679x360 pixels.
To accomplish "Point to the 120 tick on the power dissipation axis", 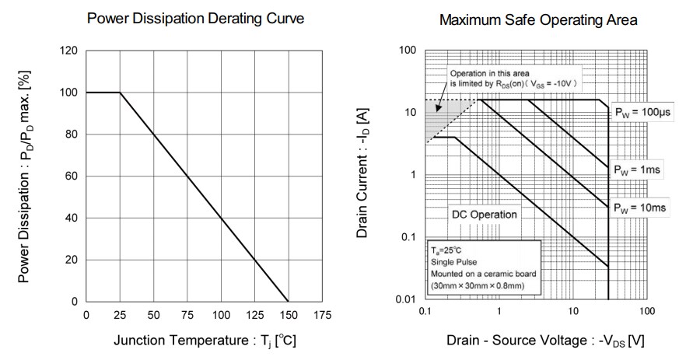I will click(x=68, y=51).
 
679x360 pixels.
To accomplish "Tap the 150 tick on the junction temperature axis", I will click(x=289, y=315).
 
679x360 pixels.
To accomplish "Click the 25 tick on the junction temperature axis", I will click(x=120, y=315).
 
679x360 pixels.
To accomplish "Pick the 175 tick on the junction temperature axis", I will click(x=322, y=315).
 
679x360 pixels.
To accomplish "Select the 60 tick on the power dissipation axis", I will click(x=72, y=177).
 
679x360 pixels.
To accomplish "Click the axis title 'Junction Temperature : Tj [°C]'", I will click(x=205, y=341).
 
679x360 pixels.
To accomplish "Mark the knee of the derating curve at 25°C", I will click(x=120, y=93).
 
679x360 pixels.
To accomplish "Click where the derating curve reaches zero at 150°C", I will click(x=289, y=301).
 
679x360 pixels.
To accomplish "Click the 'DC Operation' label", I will click(x=484, y=213).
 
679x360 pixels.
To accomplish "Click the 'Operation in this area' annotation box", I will click(x=515, y=78).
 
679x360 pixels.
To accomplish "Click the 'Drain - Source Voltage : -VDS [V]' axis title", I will click(x=545, y=341).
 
